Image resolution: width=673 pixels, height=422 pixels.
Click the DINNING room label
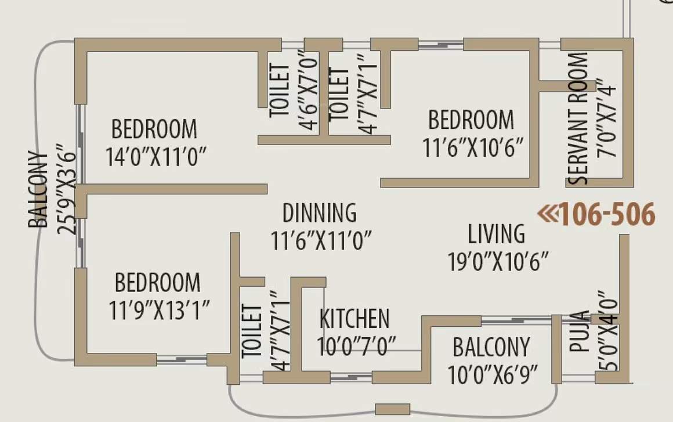pos(319,213)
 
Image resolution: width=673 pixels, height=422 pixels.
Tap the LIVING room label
pos(497,234)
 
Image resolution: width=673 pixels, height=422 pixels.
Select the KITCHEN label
pos(354,319)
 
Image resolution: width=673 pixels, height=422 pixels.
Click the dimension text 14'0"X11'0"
pos(157,157)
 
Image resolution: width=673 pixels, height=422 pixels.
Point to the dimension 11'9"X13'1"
pos(160,311)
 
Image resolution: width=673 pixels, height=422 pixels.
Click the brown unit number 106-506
pos(607,215)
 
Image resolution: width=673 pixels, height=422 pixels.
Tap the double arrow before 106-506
pos(547,215)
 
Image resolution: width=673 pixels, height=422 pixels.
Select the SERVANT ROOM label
pos(578,119)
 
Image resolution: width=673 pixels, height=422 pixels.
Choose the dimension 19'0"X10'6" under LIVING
pos(498,261)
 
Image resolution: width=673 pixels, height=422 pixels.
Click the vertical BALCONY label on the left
pos(39,190)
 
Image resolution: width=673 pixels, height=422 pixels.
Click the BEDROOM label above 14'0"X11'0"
pos(154,128)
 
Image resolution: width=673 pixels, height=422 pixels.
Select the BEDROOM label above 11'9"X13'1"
pos(157,283)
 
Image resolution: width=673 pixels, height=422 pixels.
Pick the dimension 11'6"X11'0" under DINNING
pos(321,240)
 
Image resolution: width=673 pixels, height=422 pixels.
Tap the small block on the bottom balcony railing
pos(392,409)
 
